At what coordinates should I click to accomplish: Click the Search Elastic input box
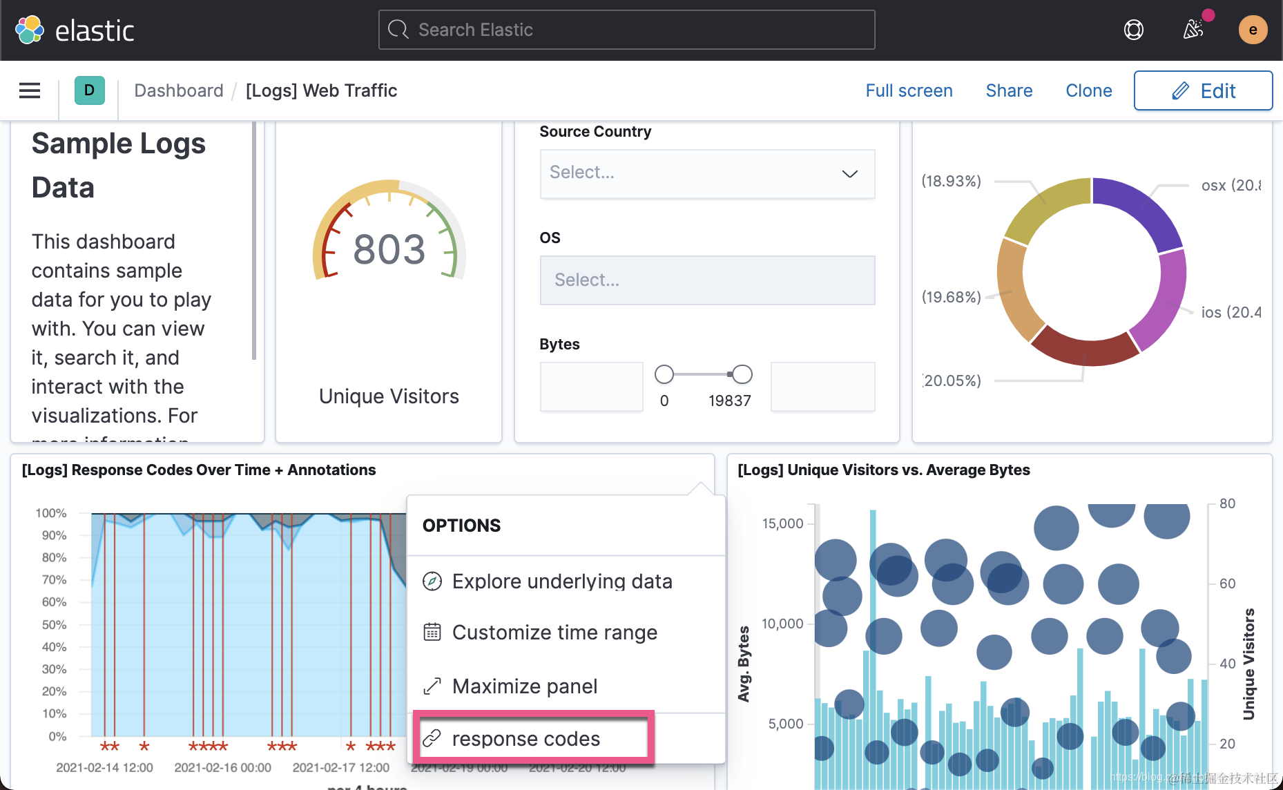coord(626,30)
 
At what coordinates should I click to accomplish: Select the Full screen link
coord(909,90)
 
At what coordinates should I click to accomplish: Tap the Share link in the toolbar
coord(1009,90)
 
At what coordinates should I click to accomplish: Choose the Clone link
coord(1088,90)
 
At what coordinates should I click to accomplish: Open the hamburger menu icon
coord(30,90)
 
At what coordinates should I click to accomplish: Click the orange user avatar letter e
coord(1253,30)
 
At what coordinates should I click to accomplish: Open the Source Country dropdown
coord(707,173)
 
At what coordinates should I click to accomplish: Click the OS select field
coord(707,280)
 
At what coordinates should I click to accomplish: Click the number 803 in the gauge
coord(389,249)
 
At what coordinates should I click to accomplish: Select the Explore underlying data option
coord(561,581)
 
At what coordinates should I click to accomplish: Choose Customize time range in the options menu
coord(554,633)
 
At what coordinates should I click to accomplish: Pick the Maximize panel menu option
coord(524,686)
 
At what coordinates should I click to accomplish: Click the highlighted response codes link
coord(525,739)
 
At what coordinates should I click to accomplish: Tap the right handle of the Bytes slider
coord(742,374)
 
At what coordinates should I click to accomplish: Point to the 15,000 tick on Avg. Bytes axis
coord(782,523)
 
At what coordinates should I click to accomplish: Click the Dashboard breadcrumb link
coord(179,90)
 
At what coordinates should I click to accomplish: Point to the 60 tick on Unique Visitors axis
coord(1227,584)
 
